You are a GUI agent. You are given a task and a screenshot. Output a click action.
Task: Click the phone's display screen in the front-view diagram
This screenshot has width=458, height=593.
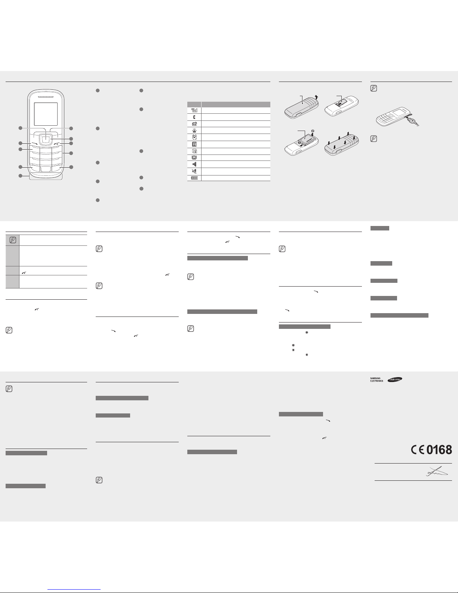46,114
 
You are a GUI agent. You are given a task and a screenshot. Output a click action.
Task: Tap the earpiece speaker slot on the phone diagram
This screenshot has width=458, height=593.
46,97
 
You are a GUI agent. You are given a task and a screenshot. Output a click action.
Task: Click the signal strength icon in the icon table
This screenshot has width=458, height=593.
194,110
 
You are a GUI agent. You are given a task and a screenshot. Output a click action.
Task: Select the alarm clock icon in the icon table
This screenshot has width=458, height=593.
194,137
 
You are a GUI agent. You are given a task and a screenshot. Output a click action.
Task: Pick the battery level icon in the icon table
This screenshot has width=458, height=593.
194,178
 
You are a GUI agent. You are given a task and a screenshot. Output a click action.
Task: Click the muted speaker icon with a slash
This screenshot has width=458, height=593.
194,171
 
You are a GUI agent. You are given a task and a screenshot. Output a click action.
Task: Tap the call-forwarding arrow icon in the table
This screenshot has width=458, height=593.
194,123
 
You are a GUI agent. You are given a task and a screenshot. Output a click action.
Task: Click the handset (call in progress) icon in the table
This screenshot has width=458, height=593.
194,117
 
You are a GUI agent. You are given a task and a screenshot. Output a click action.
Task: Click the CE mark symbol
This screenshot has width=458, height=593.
418,450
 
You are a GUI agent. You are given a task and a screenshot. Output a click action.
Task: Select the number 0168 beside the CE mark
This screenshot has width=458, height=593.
439,450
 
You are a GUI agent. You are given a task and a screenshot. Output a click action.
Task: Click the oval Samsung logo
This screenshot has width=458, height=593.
395,379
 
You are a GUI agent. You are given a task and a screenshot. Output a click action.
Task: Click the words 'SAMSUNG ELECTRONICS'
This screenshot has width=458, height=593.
376,380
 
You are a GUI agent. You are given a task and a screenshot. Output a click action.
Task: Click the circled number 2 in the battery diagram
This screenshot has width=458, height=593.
313,131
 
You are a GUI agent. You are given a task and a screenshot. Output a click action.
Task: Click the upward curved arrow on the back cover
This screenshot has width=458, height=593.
316,97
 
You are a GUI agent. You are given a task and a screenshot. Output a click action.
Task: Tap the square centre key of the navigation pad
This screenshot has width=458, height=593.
46,139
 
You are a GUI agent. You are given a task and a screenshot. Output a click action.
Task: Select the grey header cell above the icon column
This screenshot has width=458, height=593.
194,104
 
